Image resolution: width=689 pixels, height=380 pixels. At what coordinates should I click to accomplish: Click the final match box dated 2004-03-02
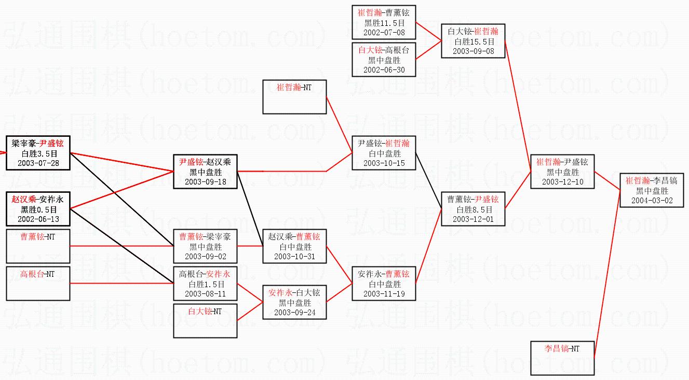point(652,190)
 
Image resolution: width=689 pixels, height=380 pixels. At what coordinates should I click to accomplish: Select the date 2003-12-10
point(562,182)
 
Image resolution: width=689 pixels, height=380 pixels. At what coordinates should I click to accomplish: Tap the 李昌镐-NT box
point(562,358)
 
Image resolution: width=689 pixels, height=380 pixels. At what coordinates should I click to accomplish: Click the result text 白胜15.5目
point(473,41)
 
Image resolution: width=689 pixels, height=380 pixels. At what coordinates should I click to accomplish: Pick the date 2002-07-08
point(384,33)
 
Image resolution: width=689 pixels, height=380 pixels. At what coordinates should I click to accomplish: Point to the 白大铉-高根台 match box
point(384,60)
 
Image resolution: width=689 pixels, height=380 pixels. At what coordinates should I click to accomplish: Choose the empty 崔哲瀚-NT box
point(294,97)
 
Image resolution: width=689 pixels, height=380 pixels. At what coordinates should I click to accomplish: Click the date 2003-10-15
point(384,163)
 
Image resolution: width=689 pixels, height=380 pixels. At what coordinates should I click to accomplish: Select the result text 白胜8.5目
point(473,209)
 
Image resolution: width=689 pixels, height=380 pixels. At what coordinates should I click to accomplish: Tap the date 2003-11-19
point(384,294)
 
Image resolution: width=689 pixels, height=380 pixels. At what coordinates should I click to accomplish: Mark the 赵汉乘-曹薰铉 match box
point(294,246)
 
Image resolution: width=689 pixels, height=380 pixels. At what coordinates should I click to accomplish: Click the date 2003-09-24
point(294,313)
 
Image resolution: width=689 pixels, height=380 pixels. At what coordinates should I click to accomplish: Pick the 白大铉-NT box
point(205,320)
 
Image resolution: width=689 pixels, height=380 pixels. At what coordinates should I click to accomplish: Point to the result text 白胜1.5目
point(205,284)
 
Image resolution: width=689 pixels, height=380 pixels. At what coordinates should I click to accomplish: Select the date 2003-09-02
point(205,257)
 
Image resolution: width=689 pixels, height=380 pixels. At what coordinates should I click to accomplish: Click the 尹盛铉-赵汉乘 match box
point(205,172)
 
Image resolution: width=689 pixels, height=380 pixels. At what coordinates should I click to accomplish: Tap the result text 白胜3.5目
point(37,153)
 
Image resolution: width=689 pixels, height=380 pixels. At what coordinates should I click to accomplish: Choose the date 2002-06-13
point(37,219)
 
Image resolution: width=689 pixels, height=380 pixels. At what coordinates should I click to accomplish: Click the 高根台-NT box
point(37,284)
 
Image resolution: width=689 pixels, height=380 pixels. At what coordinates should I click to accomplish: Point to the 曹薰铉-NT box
point(37,246)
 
